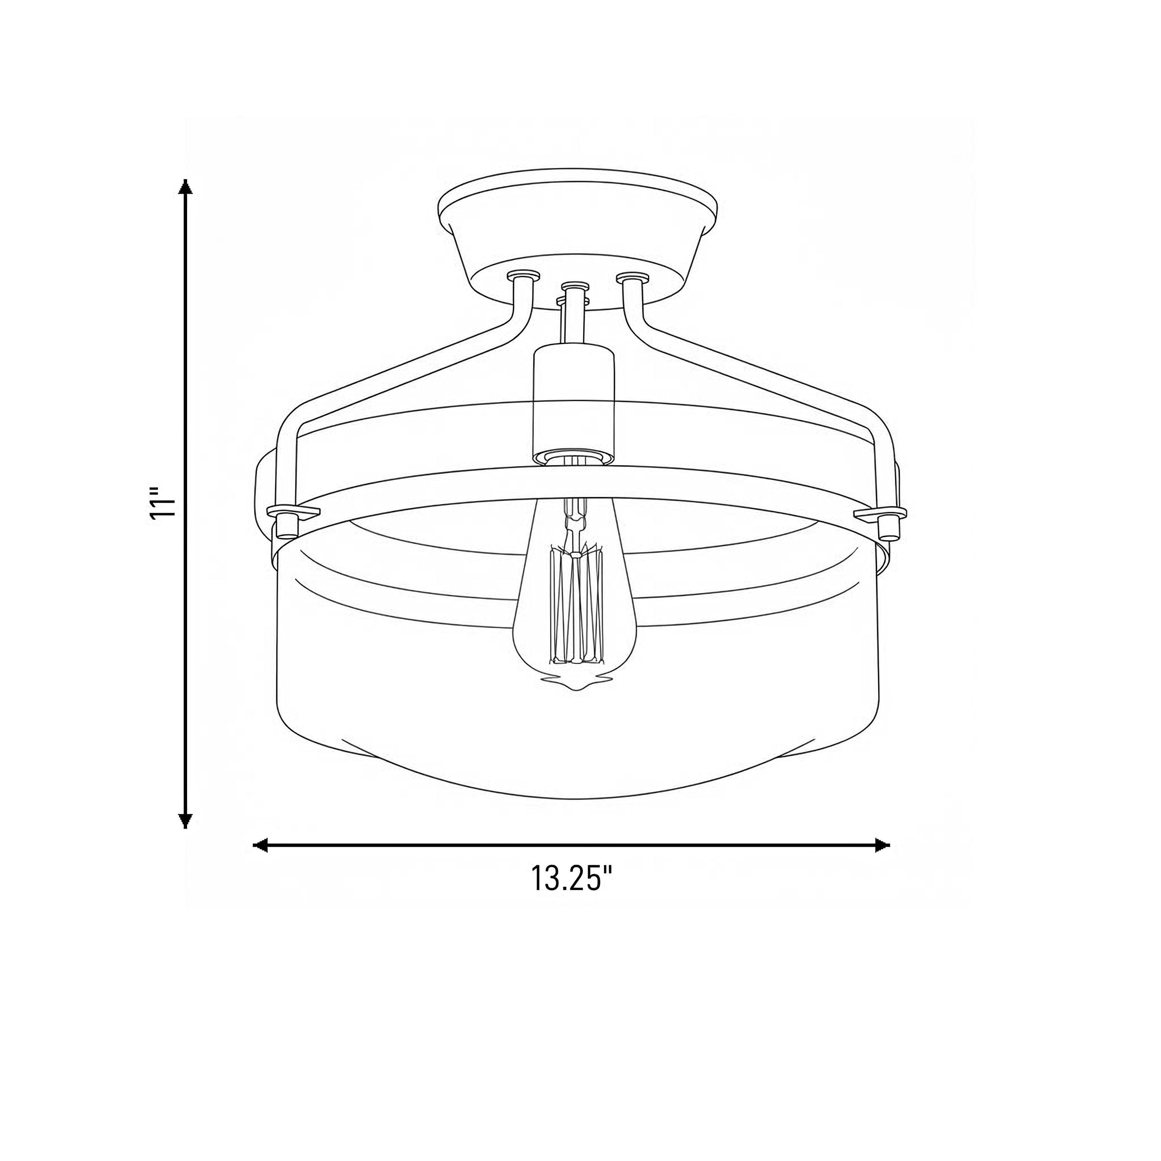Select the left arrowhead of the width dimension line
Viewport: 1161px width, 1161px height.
[260, 846]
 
